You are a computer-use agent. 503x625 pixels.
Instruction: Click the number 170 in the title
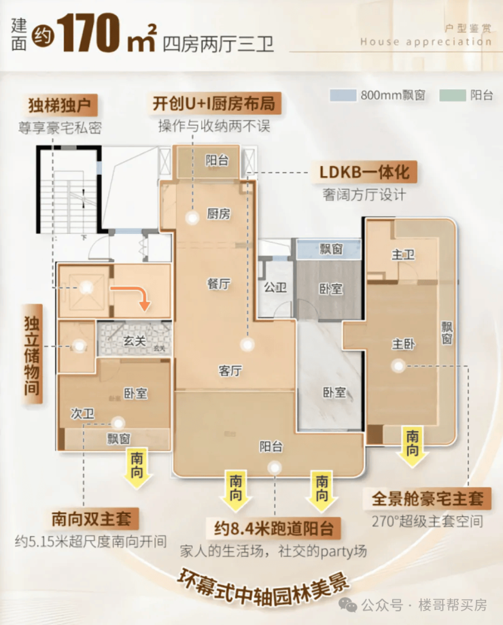point(94,34)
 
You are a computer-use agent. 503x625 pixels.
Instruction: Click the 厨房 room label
point(219,214)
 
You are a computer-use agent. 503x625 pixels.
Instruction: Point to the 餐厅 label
point(218,285)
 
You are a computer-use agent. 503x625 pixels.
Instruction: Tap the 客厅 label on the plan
point(230,371)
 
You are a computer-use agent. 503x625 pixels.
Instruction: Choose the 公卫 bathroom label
point(275,288)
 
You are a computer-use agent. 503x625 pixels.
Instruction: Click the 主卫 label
point(403,255)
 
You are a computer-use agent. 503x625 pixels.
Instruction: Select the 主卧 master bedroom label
point(404,344)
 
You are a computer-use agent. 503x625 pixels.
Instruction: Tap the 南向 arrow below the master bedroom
point(413,446)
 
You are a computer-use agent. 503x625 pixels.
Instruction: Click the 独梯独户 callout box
point(60,106)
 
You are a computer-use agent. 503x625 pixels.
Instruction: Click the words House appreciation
point(426,41)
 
